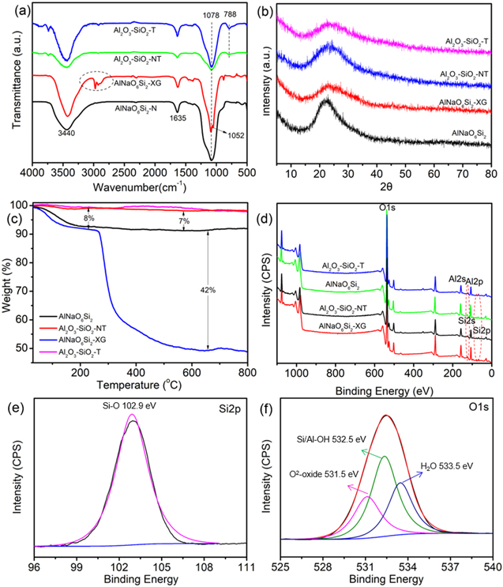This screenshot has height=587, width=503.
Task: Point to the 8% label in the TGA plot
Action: point(89,217)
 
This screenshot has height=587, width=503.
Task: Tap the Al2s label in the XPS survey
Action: point(456,280)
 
